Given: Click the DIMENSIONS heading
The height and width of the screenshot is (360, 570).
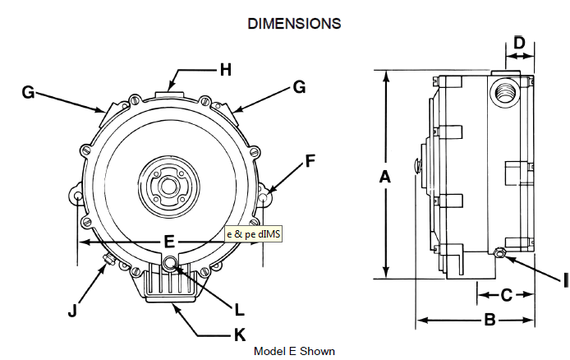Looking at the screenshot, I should click(x=294, y=24).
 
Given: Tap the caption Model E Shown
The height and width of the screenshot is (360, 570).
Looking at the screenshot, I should click(x=294, y=351).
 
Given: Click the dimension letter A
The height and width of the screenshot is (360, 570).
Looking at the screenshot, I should click(x=384, y=176).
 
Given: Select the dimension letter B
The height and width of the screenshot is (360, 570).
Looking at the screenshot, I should click(x=489, y=321).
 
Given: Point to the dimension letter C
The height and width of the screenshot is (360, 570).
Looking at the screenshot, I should click(x=507, y=293).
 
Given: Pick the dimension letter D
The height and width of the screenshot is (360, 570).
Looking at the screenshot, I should click(x=519, y=42).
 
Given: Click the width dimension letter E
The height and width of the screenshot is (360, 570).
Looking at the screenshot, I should click(x=168, y=242).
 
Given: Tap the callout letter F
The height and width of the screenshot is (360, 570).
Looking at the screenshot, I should click(x=310, y=161).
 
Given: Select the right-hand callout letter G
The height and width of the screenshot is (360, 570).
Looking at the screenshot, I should click(x=299, y=86).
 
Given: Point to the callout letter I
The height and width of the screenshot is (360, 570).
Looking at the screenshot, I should click(x=565, y=280).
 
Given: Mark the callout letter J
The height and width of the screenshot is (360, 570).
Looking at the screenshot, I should click(x=73, y=310).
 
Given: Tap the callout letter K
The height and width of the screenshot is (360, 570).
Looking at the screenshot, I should click(x=240, y=335).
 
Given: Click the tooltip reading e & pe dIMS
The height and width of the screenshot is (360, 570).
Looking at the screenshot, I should click(x=254, y=235).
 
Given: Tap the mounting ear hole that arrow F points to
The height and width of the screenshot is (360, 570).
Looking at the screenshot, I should click(x=263, y=198).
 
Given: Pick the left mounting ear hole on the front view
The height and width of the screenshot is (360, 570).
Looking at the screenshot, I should click(x=76, y=198).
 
